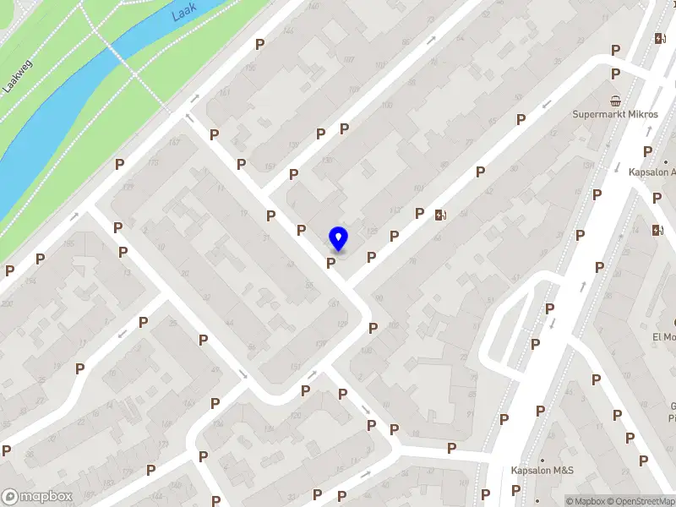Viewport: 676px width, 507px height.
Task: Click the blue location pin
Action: point(338,238)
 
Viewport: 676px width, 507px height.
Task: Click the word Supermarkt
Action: point(597,114)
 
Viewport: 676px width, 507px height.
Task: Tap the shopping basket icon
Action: point(616,99)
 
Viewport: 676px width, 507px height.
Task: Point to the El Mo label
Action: point(662,336)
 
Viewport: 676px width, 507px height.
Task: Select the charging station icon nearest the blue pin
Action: point(439,215)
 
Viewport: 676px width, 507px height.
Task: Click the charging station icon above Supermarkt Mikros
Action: point(659,38)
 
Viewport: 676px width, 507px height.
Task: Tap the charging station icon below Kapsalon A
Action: point(658,230)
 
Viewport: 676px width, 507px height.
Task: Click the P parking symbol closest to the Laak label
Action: point(260,44)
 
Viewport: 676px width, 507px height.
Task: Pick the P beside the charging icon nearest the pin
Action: point(419,213)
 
